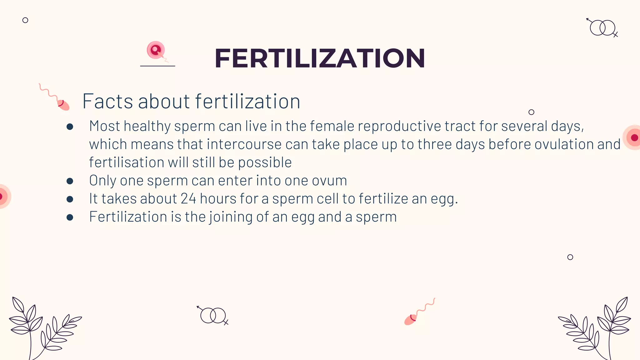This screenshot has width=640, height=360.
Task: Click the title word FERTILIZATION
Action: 319,58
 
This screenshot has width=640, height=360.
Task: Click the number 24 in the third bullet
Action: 188,199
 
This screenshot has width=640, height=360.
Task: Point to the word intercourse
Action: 244,144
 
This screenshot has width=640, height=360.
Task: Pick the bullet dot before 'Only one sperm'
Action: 70,181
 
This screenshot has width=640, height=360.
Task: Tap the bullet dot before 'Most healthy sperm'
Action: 70,127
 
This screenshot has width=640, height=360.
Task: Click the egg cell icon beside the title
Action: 156,50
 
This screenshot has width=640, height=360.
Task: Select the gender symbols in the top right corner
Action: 603,28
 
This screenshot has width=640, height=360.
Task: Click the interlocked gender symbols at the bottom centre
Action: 213,315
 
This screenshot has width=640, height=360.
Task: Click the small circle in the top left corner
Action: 25,20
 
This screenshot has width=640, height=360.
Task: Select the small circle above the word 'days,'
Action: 531,112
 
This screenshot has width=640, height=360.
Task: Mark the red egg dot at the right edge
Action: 634,137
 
